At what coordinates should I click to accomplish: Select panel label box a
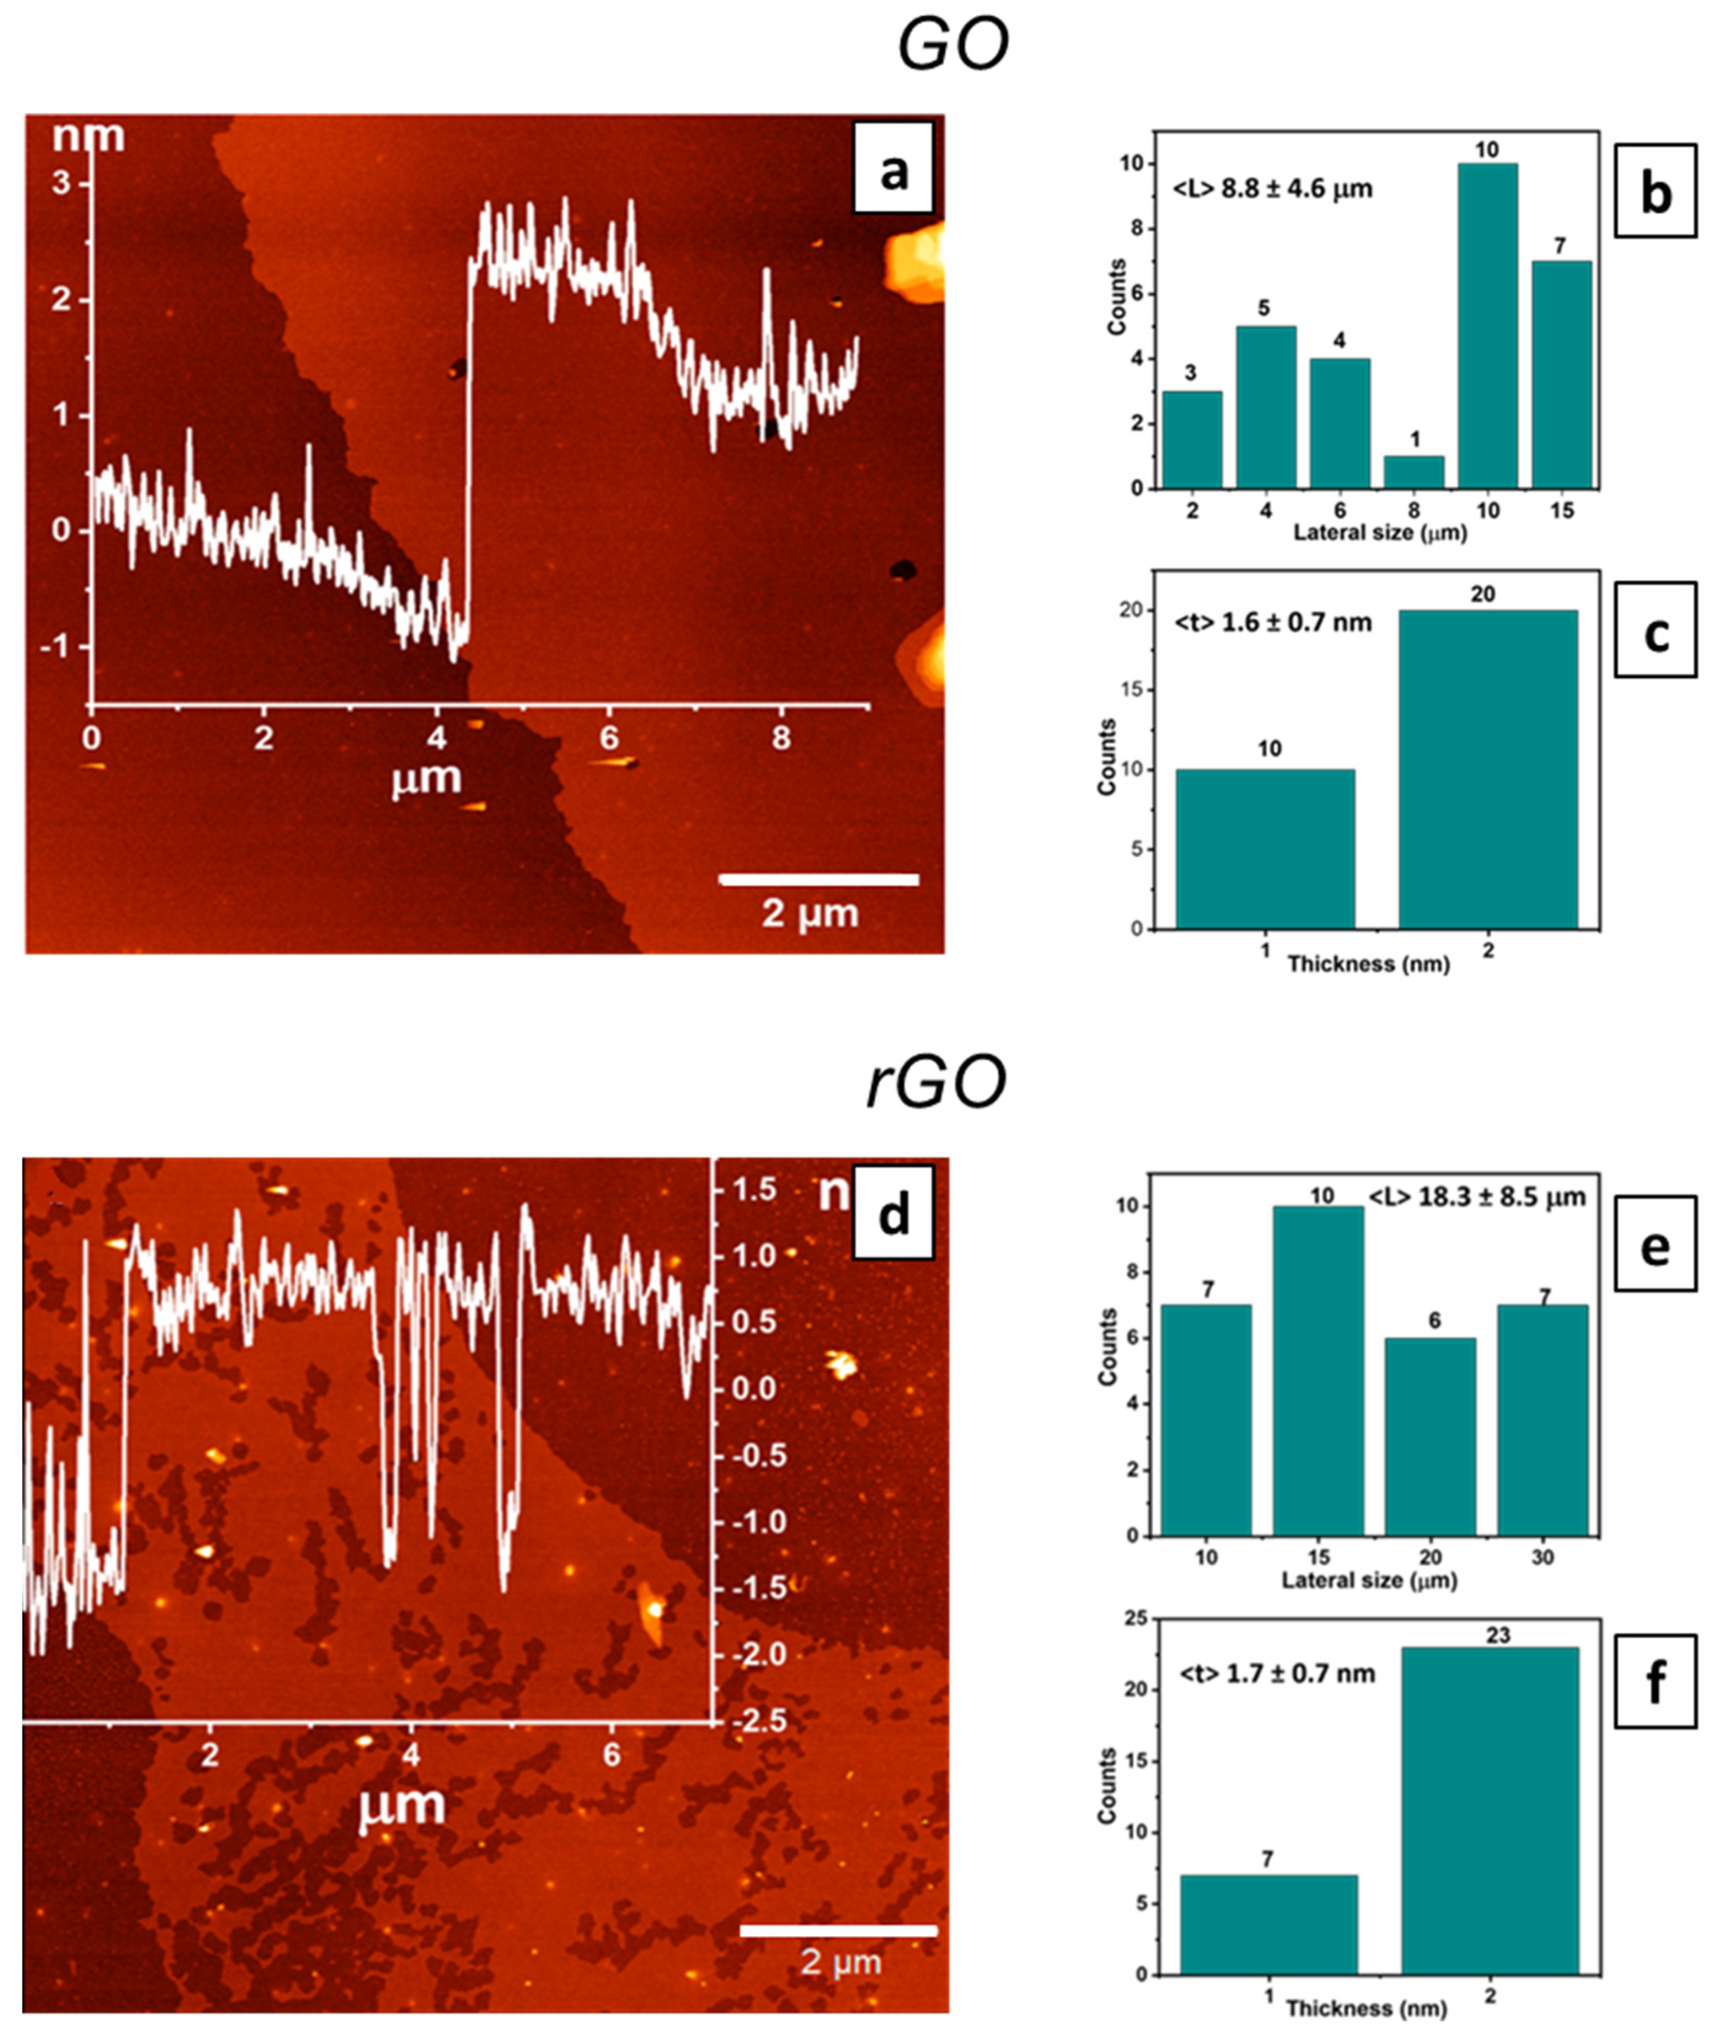pos(893,167)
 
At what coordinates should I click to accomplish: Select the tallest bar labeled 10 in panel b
pos(1487,326)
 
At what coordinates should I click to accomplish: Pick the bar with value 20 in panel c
pos(1487,769)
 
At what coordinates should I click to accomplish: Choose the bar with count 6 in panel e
pos(1430,1437)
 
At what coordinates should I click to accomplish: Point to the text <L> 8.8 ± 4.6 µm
pos(1272,189)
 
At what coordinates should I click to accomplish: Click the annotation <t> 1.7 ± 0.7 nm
pos(1277,1673)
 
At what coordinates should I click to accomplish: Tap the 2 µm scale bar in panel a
pos(818,880)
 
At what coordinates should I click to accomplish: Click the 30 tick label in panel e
pos(1542,1557)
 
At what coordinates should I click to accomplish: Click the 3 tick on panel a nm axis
pos(62,183)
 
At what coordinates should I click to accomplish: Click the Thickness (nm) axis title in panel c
pos(1368,964)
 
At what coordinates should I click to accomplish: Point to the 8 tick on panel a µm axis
pos(781,739)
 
